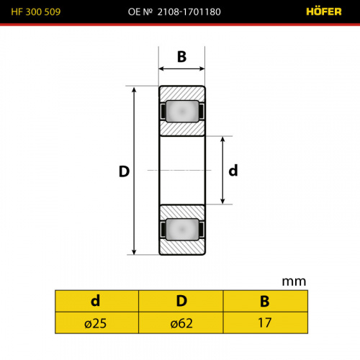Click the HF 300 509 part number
coord(36,12)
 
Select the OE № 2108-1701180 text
coord(174,12)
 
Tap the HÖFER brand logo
coord(324,12)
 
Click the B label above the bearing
coord(181,57)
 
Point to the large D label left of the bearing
coord(124,171)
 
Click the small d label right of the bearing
coord(233,171)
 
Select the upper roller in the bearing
coord(182,112)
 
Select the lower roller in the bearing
coord(182,229)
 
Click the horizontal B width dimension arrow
coord(181,69)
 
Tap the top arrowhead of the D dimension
coord(134,89)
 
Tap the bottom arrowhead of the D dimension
coord(134,251)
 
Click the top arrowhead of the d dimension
coord(222,139)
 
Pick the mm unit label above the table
coord(294,282)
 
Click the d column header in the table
coord(96,301)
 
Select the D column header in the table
coord(181,301)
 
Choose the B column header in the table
coord(266,301)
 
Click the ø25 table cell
coord(96,323)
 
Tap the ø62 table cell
coord(181,323)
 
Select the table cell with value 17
coord(266,323)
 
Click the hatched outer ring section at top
coord(182,94)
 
